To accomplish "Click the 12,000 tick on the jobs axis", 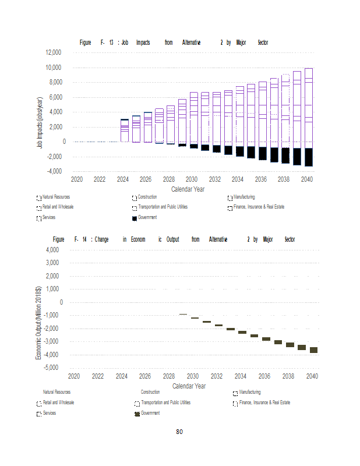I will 52,52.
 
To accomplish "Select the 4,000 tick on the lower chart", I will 53,250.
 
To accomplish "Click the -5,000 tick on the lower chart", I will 52,368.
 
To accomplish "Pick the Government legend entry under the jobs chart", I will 145,217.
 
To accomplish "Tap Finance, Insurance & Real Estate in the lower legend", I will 262,403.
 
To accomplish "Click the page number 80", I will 179,432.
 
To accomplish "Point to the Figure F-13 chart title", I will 174,43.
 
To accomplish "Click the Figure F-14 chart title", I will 174,239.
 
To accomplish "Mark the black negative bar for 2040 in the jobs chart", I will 308,157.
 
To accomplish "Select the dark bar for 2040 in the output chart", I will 313,350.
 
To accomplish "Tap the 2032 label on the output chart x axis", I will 217,376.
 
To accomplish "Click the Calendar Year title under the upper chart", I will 188,189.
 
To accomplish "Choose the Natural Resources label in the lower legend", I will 57,393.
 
